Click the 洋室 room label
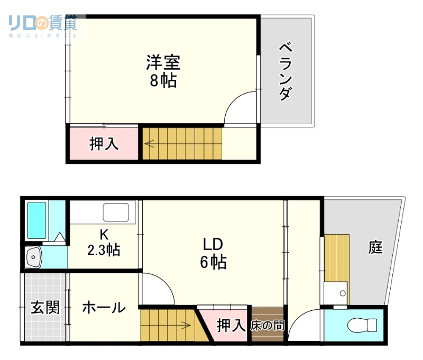(x=163, y=63)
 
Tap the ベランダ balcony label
(x=286, y=72)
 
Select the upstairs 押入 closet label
(x=104, y=144)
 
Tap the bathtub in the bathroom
(x=36, y=220)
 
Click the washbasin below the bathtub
(x=34, y=257)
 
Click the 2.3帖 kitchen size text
(x=104, y=249)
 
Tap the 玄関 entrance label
(x=44, y=308)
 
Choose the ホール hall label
(x=104, y=308)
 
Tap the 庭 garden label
(x=375, y=247)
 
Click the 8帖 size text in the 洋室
(x=163, y=81)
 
